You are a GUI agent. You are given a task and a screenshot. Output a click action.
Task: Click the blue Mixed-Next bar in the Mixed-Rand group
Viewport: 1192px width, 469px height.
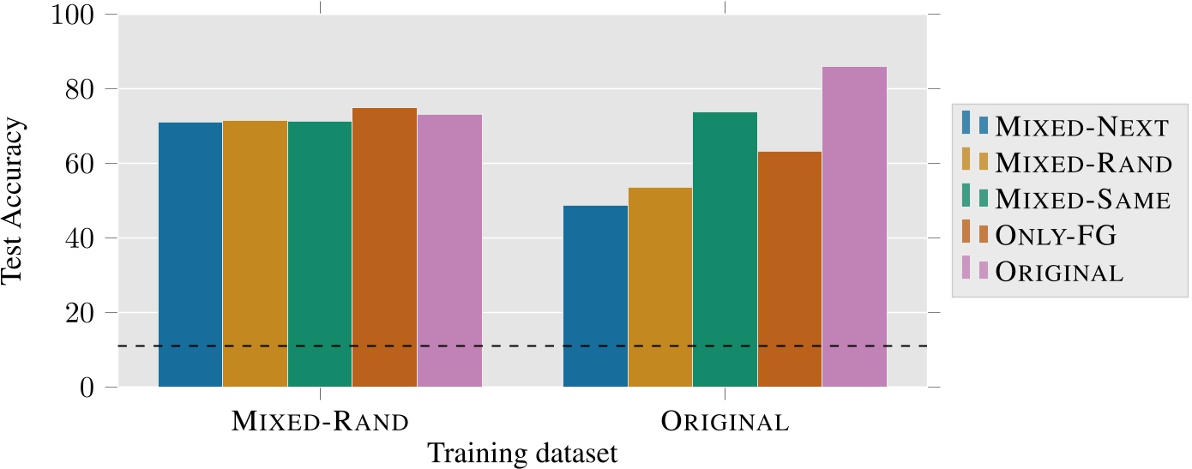pyautogui.click(x=190, y=255)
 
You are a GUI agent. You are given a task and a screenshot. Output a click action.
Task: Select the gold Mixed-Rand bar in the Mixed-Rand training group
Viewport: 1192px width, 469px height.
pyautogui.click(x=255, y=254)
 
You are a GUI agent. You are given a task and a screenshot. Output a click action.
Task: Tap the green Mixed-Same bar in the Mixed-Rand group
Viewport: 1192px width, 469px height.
pyautogui.click(x=320, y=254)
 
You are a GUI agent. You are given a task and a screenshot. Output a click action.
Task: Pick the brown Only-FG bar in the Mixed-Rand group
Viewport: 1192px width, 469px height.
pyautogui.click(x=384, y=248)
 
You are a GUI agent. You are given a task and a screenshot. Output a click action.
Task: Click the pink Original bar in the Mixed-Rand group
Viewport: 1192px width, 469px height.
pyautogui.click(x=449, y=250)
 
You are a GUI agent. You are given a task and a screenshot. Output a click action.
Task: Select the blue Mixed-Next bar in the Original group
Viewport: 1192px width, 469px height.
pyautogui.click(x=595, y=296)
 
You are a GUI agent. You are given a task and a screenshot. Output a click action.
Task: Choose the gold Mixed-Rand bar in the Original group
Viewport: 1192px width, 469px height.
pyautogui.click(x=660, y=287)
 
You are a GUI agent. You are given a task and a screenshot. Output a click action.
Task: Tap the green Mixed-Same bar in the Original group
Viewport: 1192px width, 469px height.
pyautogui.click(x=725, y=250)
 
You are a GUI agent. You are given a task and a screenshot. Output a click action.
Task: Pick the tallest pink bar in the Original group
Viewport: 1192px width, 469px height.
pyautogui.click(x=854, y=226)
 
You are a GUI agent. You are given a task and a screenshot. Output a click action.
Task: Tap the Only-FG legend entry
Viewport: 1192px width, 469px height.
pyautogui.click(x=1064, y=236)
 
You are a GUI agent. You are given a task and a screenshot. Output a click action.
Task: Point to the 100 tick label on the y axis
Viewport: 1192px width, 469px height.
pyautogui.click(x=75, y=15)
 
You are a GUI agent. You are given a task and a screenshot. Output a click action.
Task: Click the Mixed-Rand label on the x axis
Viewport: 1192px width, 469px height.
pyautogui.click(x=320, y=422)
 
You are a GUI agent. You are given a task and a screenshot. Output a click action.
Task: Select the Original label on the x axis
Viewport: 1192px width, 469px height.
pyautogui.click(x=725, y=422)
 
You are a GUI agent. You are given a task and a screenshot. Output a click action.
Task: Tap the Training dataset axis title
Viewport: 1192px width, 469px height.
pyautogui.click(x=522, y=452)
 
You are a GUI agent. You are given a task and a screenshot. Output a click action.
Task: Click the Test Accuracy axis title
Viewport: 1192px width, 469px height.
pyautogui.click(x=15, y=201)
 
